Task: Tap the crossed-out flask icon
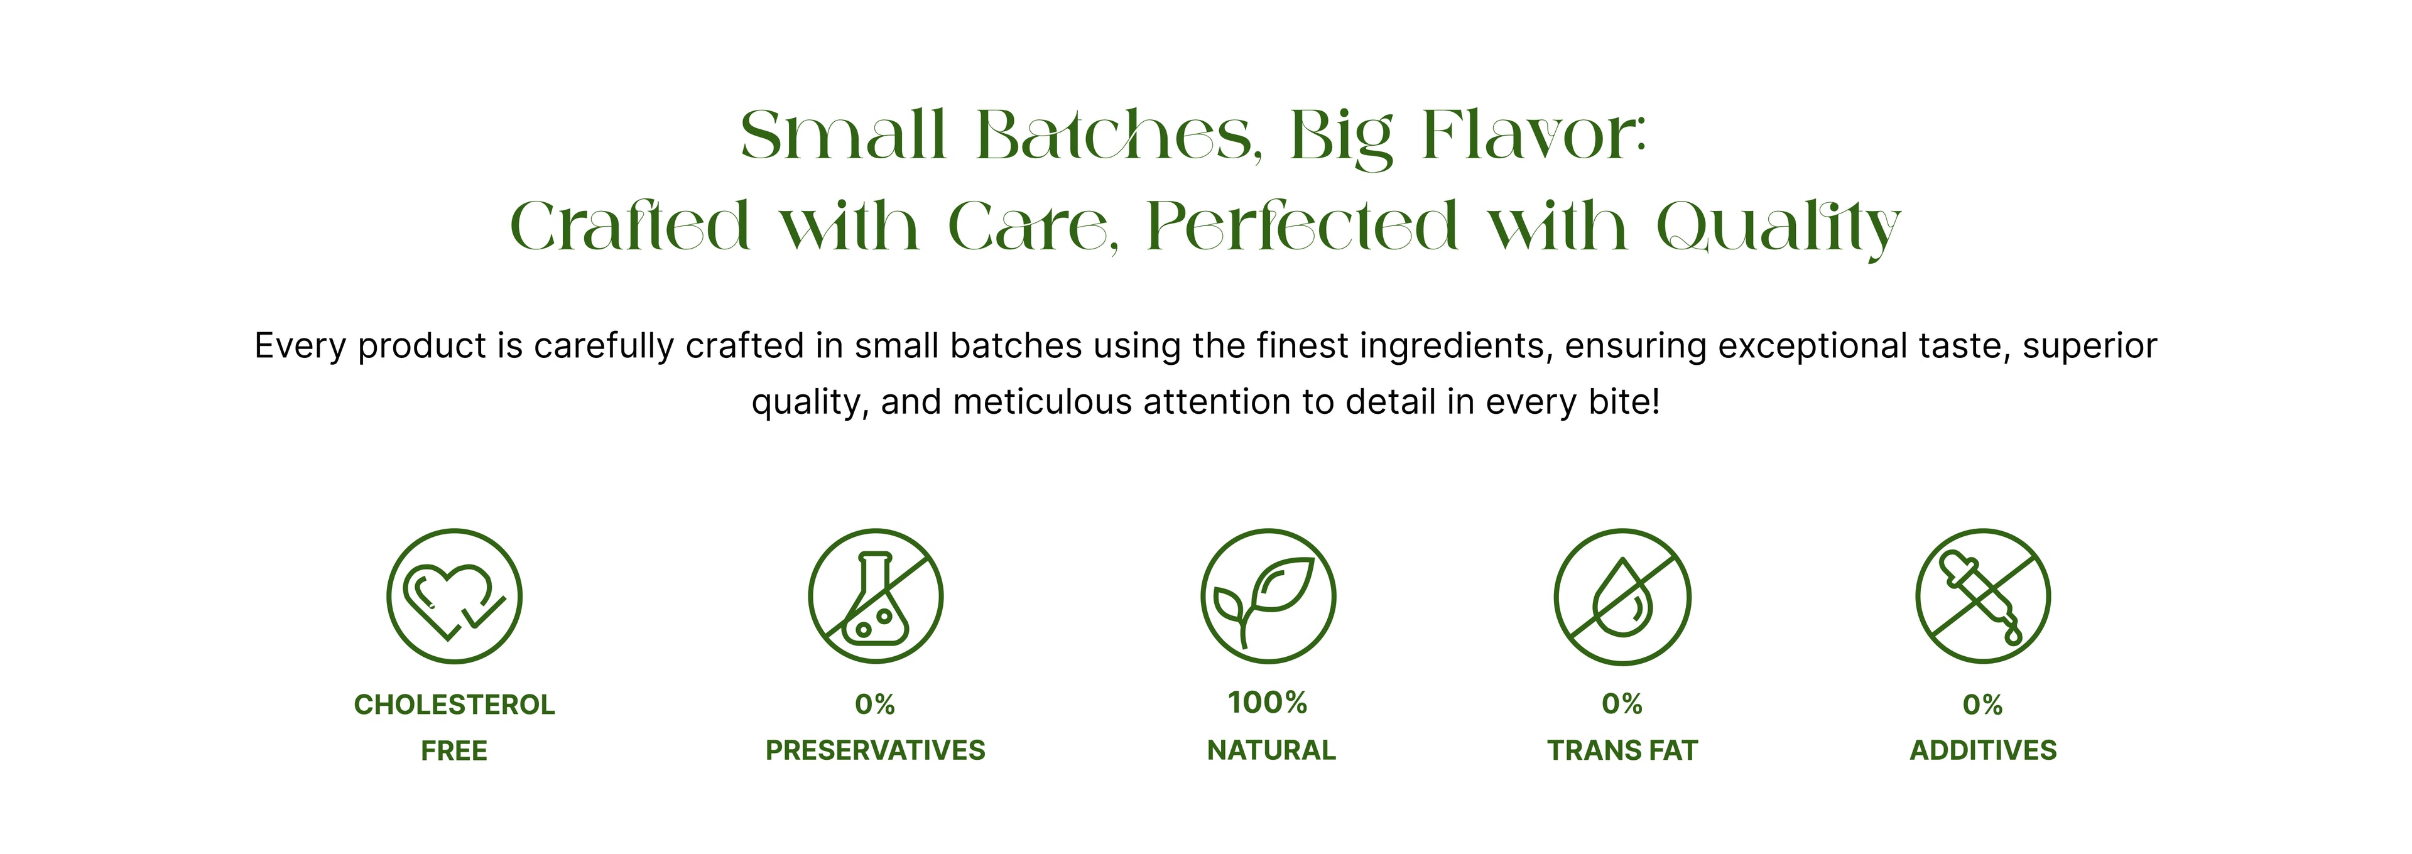[x=876, y=597]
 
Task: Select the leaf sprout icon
[x=1269, y=597]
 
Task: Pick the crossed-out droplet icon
[x=1622, y=597]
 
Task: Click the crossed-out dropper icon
[x=1983, y=597]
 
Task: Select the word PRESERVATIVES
[x=876, y=750]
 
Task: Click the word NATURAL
[x=1271, y=750]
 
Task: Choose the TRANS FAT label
[x=1622, y=750]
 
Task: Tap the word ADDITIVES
[x=1983, y=750]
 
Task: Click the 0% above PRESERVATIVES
[x=876, y=704]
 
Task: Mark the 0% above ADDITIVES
[x=1983, y=704]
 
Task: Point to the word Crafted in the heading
[x=630, y=225]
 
